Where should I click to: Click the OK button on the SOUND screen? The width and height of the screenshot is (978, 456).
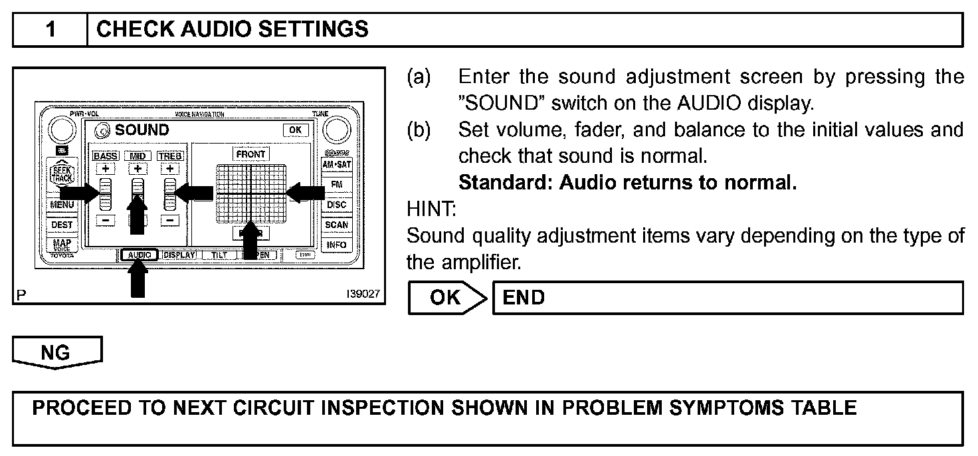coord(294,130)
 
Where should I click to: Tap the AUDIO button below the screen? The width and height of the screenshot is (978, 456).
coord(140,255)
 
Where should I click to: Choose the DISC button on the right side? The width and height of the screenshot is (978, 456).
coord(337,205)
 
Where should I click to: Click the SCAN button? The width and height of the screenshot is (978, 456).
coord(337,225)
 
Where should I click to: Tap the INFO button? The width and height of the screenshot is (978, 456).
coord(337,245)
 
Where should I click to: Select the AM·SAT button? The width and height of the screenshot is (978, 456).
coord(337,164)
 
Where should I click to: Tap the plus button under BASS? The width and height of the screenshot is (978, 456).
coord(105,169)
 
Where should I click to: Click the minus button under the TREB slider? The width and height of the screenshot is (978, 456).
coord(170,220)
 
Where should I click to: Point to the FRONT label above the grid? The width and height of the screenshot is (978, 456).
coord(250,154)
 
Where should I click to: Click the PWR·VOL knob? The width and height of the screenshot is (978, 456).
coord(62,129)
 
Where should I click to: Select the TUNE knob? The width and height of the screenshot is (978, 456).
coord(338,129)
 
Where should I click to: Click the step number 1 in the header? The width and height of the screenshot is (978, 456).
coord(50,30)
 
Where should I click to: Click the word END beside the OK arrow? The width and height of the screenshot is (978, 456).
coord(524,297)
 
